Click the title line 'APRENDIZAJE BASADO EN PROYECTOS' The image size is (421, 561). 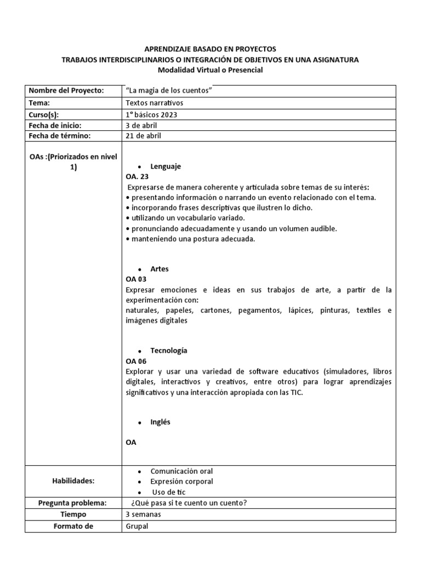point(210,49)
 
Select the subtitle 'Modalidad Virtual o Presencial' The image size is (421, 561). point(210,70)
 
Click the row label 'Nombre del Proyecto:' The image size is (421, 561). point(66,90)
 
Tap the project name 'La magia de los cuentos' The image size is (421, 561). point(169,90)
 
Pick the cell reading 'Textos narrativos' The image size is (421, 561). point(155,102)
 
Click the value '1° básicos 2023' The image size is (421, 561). point(152,114)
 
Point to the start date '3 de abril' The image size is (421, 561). point(141,125)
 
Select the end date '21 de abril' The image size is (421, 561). point(144,136)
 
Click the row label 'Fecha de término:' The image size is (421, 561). point(59,136)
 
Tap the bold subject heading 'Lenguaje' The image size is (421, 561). point(165,166)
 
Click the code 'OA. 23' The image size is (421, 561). point(137,176)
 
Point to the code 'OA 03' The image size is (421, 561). point(136,279)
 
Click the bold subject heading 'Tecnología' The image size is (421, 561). point(169,350)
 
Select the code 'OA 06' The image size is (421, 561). point(136,361)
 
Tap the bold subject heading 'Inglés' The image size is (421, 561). point(160,422)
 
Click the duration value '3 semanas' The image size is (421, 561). point(144,514)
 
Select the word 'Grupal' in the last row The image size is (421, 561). point(137,526)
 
